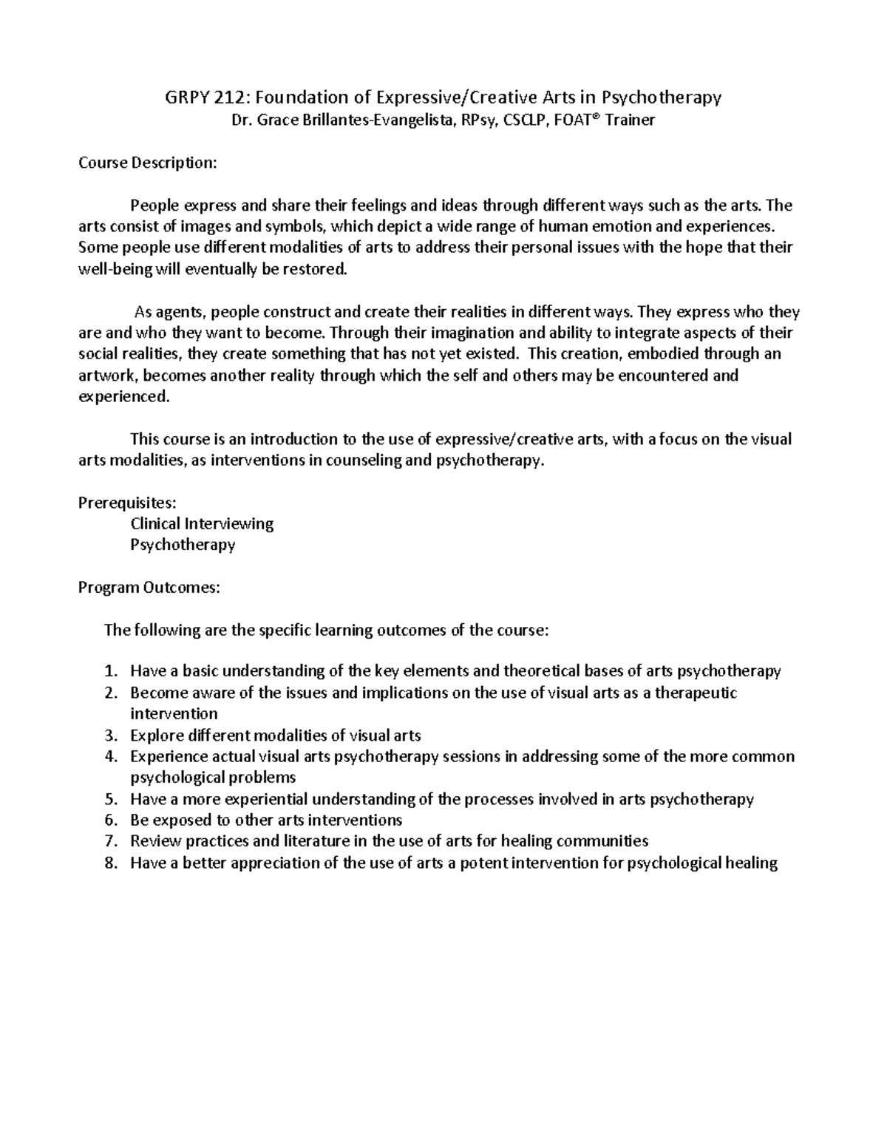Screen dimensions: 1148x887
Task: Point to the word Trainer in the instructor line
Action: click(630, 120)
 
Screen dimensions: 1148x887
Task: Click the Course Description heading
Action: click(148, 163)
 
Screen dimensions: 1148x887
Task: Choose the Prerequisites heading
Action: click(127, 503)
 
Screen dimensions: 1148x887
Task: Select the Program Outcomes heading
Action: click(149, 588)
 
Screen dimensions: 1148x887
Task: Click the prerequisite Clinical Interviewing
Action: click(202, 524)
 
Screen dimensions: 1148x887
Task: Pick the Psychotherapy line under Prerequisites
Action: click(183, 545)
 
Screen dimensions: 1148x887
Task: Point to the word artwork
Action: click(107, 376)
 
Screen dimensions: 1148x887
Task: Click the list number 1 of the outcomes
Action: click(110, 671)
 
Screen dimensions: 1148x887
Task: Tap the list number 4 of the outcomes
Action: click(110, 756)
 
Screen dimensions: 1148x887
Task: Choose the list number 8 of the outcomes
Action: click(110, 863)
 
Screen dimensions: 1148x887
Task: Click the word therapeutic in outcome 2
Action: click(696, 693)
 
